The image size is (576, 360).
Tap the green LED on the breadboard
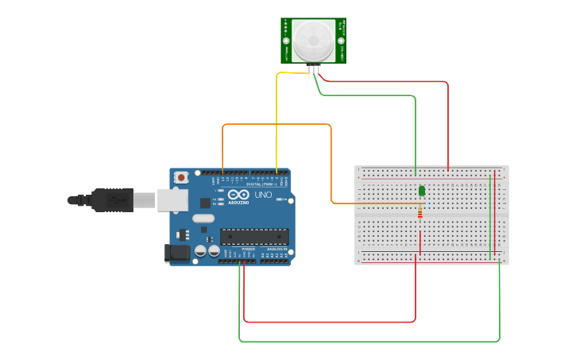coord(422,191)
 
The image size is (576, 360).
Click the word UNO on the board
coord(263,195)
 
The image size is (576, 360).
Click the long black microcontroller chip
coord(254,235)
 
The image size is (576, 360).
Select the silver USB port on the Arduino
coord(172,199)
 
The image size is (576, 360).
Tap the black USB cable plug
coord(111,199)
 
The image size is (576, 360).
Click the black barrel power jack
coord(176,254)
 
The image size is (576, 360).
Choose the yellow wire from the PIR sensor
coord(276,119)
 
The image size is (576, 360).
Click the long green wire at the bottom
coord(365,342)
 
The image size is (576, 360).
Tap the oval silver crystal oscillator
coord(203,218)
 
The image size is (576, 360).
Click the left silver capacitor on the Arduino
coord(201,250)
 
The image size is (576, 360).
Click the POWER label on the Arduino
coord(249,249)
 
